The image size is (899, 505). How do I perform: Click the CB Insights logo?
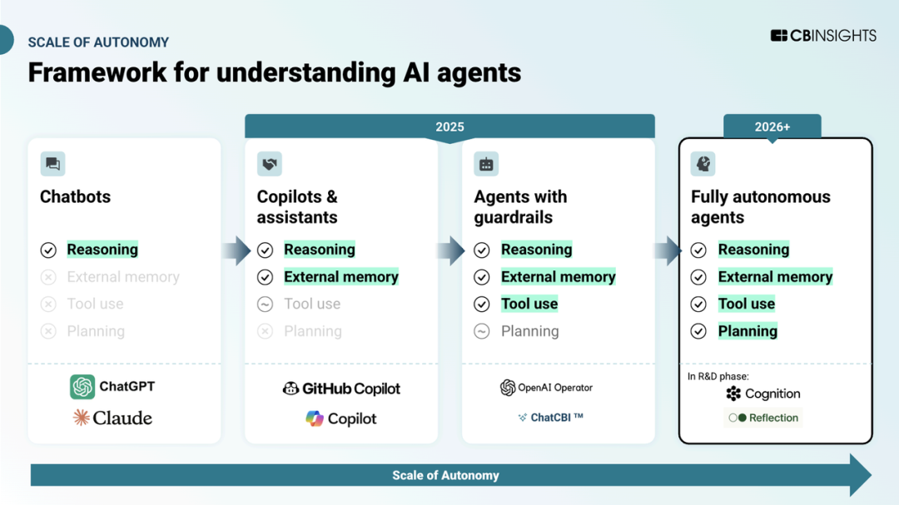(823, 36)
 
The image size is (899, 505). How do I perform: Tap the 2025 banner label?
(449, 126)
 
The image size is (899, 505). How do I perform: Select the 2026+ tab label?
(772, 126)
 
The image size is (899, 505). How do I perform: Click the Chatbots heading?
(75, 196)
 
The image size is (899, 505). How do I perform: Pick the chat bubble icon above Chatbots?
(52, 164)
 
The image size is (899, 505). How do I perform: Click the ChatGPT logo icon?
(82, 386)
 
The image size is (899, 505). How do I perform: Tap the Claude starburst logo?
(82, 418)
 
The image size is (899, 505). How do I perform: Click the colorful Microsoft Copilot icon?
(314, 418)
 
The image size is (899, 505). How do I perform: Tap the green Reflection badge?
(763, 418)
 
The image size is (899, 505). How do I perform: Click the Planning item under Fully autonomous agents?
(748, 331)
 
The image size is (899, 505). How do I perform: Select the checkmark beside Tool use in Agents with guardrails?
(482, 304)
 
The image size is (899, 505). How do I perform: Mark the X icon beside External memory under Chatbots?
(48, 277)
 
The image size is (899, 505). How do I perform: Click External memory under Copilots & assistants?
(341, 277)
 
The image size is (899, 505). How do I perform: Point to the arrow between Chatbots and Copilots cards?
(236, 250)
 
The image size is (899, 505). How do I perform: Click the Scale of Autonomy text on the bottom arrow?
(445, 475)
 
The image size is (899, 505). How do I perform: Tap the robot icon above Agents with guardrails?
(486, 164)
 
